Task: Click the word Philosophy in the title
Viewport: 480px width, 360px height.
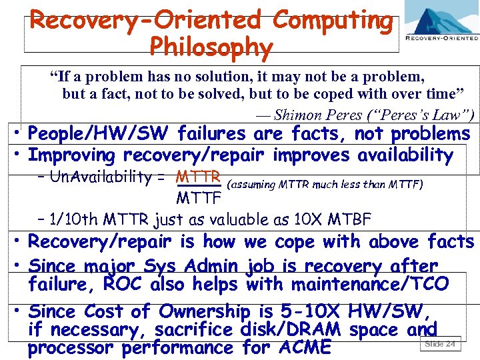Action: click(211, 47)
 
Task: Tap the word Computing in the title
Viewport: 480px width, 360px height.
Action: click(333, 21)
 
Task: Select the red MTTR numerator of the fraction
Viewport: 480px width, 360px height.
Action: click(198, 177)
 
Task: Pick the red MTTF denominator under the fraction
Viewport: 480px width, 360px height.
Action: click(198, 198)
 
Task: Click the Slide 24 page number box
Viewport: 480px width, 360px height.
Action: click(440, 344)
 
